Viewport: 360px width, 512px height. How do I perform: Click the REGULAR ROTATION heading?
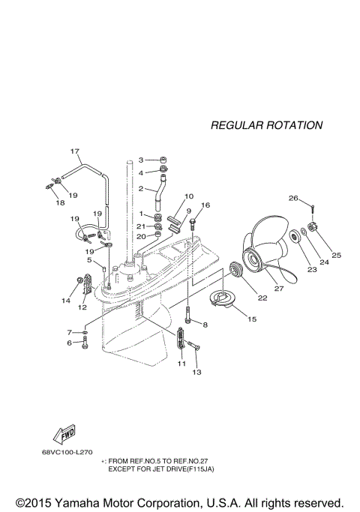pos(266,125)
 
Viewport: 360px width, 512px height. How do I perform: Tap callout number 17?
pos(75,151)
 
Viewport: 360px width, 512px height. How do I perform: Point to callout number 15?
pos(251,319)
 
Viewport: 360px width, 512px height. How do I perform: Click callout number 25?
pos(336,255)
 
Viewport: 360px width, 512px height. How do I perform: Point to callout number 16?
pos(206,205)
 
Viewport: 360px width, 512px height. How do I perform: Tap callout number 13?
pos(198,372)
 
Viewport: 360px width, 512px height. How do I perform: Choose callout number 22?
pos(262,298)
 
